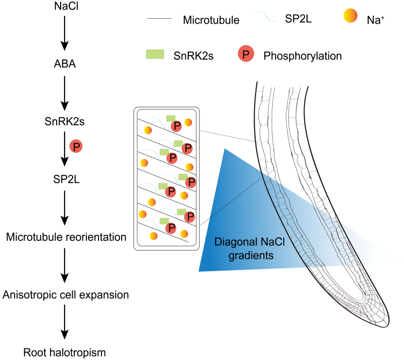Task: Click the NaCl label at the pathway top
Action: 64,8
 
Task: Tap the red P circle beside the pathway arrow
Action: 76,147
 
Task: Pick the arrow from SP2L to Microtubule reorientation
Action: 64,208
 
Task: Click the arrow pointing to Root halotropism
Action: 64,323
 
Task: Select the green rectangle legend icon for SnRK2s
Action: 154,54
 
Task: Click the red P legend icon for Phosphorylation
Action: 245,55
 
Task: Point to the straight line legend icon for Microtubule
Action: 160,20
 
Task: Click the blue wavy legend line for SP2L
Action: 264,18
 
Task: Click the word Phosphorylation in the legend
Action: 302,56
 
